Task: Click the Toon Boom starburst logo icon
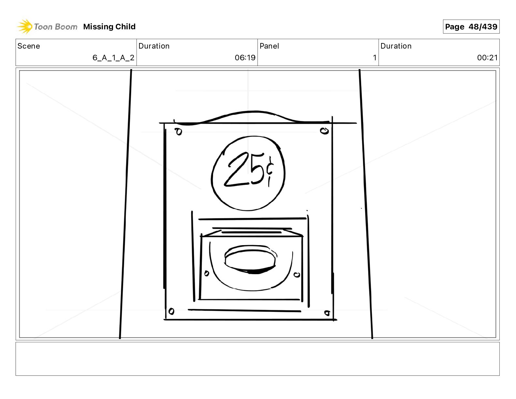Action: (x=24, y=26)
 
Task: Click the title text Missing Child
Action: (x=109, y=27)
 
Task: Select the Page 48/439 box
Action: (x=471, y=27)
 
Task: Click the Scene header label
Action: (x=29, y=46)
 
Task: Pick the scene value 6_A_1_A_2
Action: (x=113, y=58)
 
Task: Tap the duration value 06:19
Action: (x=245, y=58)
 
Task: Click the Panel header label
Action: (x=269, y=46)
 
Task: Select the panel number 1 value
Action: (x=375, y=58)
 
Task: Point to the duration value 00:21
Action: (x=487, y=58)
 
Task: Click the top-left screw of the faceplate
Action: (x=179, y=132)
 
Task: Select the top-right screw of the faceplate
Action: (x=324, y=131)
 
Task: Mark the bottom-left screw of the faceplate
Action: (x=171, y=312)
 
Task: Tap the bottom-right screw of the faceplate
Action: (x=327, y=313)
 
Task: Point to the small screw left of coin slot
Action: (x=206, y=273)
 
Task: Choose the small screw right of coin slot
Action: (x=297, y=275)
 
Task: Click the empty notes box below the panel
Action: (x=257, y=359)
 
